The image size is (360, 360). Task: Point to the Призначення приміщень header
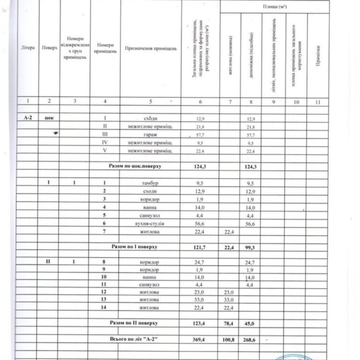(151, 48)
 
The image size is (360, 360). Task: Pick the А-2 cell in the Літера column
(28, 118)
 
